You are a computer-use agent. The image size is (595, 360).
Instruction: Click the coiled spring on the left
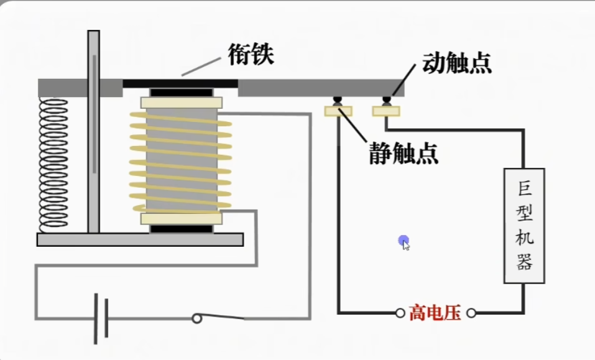(x=53, y=164)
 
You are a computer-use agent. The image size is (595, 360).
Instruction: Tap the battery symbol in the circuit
(x=101, y=318)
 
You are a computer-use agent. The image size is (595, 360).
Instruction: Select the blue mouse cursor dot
(x=404, y=241)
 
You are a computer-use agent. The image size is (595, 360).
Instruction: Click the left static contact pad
(x=338, y=111)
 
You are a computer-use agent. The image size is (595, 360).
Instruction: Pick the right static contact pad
(x=386, y=111)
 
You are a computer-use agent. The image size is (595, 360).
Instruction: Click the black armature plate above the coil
(x=180, y=83)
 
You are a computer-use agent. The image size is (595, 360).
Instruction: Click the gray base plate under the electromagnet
(x=140, y=239)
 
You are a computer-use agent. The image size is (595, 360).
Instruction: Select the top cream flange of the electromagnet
(x=182, y=103)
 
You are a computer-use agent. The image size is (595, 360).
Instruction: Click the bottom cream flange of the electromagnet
(x=182, y=218)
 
